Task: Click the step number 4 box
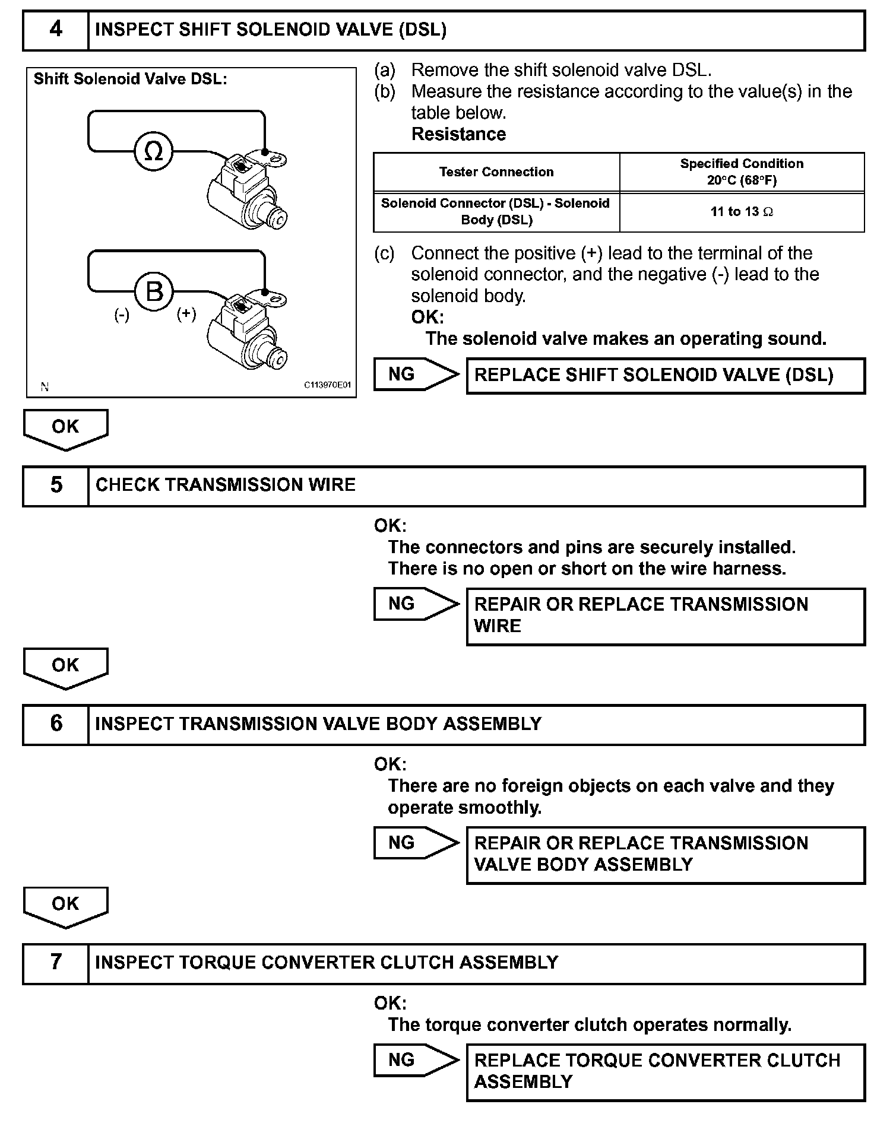pyautogui.click(x=56, y=30)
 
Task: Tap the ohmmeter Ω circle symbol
pyautogui.click(x=154, y=151)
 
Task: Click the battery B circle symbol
pyautogui.click(x=154, y=291)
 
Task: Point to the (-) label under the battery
pyautogui.click(x=122, y=315)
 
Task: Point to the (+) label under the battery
pyautogui.click(x=186, y=314)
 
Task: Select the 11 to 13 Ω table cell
pyautogui.click(x=742, y=212)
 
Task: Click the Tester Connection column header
pyautogui.click(x=496, y=172)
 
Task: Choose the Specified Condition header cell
pyautogui.click(x=742, y=172)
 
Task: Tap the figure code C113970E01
pyautogui.click(x=327, y=385)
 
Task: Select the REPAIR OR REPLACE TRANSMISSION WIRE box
pyautogui.click(x=666, y=615)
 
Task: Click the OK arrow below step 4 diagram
pyautogui.click(x=65, y=428)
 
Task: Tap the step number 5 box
pyautogui.click(x=56, y=486)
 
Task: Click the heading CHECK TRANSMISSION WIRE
pyautogui.click(x=226, y=485)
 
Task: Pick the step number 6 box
pyautogui.click(x=56, y=724)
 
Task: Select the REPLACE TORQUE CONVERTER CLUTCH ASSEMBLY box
pyautogui.click(x=666, y=1071)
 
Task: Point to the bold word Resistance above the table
pyautogui.click(x=458, y=134)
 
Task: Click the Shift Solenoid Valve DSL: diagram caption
pyautogui.click(x=130, y=80)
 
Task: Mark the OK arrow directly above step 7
pyautogui.click(x=65, y=905)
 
